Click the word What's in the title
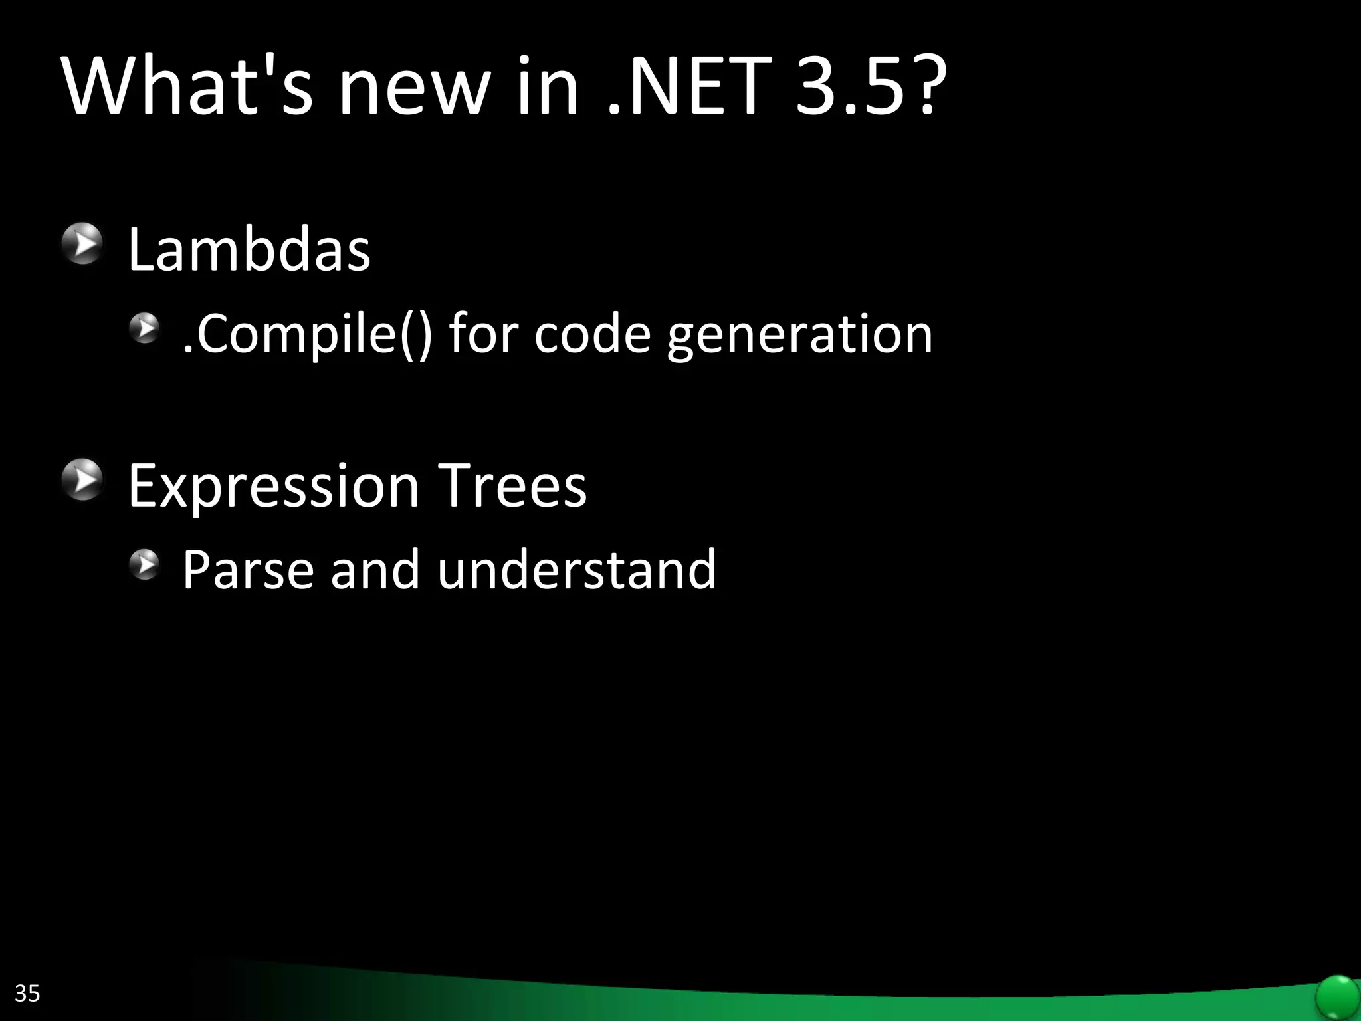(187, 86)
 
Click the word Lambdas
(249, 250)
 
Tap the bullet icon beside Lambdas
(82, 243)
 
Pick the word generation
(800, 336)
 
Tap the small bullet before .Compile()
(144, 328)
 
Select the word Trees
(512, 486)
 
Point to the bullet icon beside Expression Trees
(82, 479)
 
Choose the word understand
(576, 570)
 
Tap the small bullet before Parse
(144, 564)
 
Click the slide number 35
(27, 993)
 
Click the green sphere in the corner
(1337, 996)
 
